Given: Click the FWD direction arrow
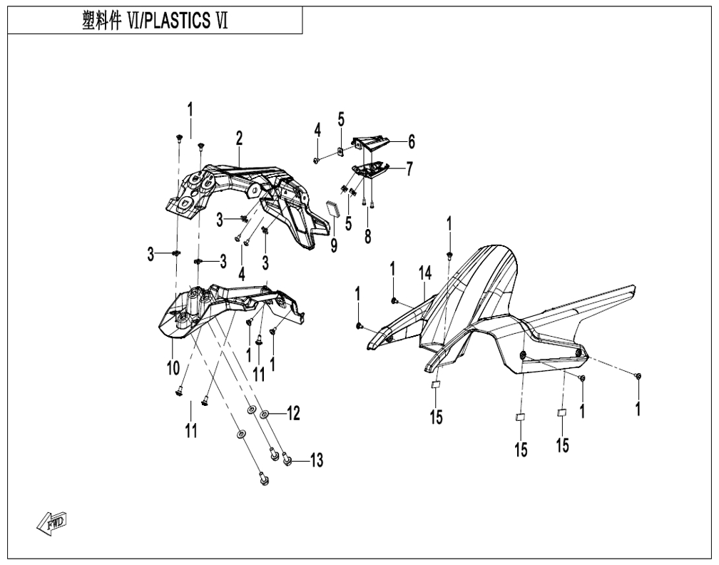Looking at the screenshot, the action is click(52, 522).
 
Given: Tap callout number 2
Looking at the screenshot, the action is click(239, 138).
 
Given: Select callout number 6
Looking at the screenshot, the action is click(412, 142).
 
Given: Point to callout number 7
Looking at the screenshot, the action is click(409, 169).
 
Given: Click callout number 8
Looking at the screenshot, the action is click(368, 237).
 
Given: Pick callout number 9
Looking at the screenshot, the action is click(334, 246).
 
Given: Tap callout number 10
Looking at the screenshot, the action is click(173, 368).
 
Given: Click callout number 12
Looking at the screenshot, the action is click(293, 413).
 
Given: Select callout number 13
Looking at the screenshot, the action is click(316, 459).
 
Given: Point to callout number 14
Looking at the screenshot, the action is click(425, 274).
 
